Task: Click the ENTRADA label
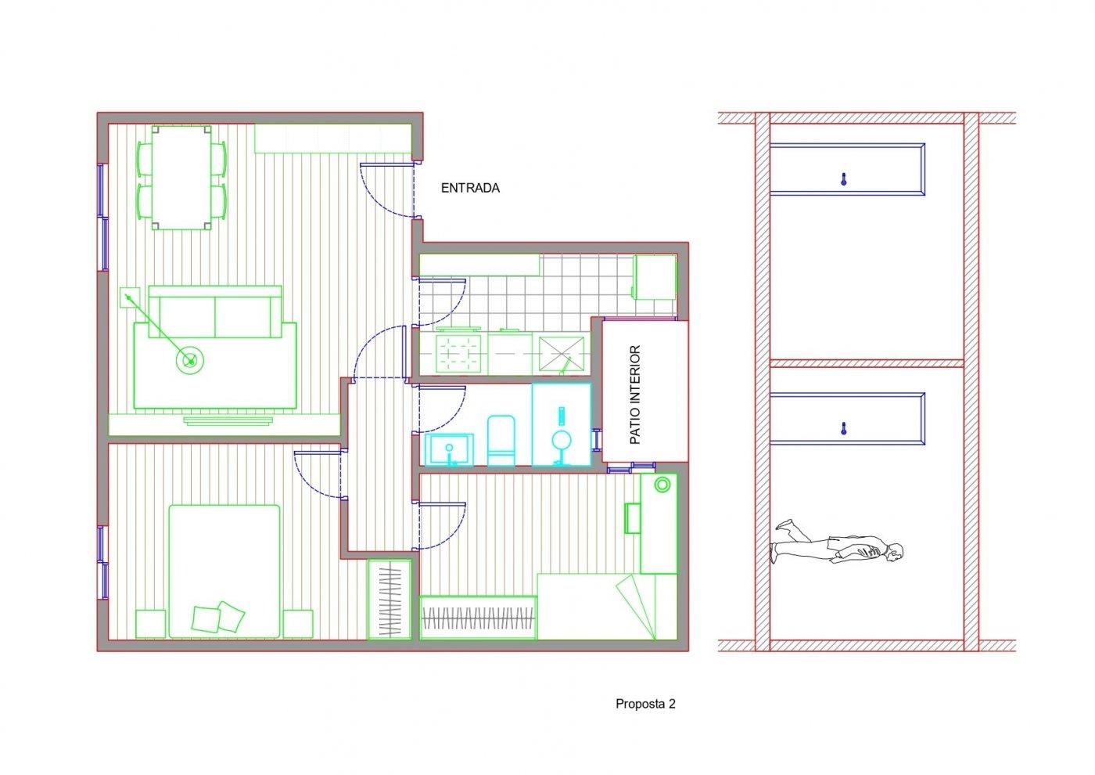pyautogui.click(x=470, y=188)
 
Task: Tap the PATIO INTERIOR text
pyautogui.click(x=635, y=395)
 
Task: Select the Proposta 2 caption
pyautogui.click(x=645, y=704)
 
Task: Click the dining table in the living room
pyautogui.click(x=181, y=178)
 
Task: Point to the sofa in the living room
pyautogui.click(x=215, y=312)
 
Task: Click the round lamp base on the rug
pyautogui.click(x=189, y=361)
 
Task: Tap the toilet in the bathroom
pyautogui.click(x=501, y=440)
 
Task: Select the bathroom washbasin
pyautogui.click(x=449, y=449)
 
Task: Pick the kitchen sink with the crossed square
pyautogui.click(x=562, y=354)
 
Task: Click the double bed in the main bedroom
pyautogui.click(x=224, y=571)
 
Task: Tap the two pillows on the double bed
pyautogui.click(x=218, y=618)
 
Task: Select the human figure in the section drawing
pyautogui.click(x=836, y=543)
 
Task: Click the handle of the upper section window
pyautogui.click(x=843, y=179)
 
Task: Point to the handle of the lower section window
pyautogui.click(x=843, y=429)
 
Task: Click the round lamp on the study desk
pyautogui.click(x=662, y=485)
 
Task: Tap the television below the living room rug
pyautogui.click(x=228, y=421)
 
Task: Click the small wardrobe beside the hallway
pyautogui.click(x=390, y=599)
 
